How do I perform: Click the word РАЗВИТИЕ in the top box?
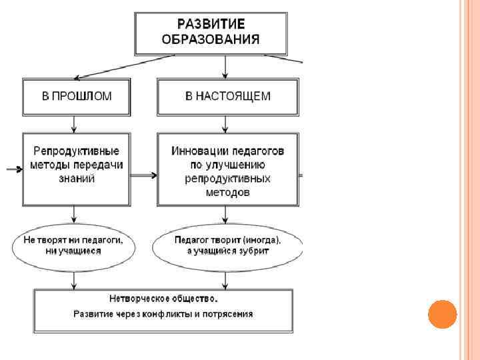tap(211, 24)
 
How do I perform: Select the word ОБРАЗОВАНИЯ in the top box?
tap(211, 39)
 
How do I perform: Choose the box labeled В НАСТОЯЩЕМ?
tap(227, 96)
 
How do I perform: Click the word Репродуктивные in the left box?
tap(77, 151)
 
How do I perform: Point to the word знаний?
tap(77, 179)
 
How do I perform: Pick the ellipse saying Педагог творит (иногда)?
tap(227, 245)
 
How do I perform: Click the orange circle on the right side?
tap(442, 314)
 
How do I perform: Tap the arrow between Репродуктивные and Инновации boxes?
tap(144, 175)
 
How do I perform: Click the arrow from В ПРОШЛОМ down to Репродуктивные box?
tap(74, 123)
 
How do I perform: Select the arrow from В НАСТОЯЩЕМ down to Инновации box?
tap(227, 123)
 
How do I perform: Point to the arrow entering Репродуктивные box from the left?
tap(15, 169)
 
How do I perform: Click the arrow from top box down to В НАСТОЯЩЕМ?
tap(227, 67)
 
